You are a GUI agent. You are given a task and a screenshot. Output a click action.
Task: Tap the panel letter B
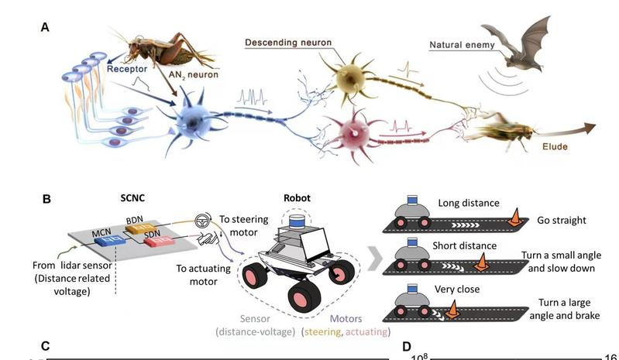(46, 199)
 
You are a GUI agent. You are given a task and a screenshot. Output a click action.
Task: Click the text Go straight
(562, 221)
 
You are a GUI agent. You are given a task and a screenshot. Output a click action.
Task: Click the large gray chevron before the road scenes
(373, 261)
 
